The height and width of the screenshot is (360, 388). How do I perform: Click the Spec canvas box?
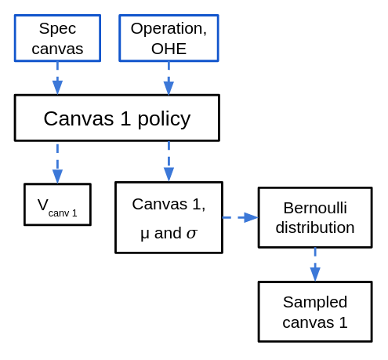[x=57, y=38]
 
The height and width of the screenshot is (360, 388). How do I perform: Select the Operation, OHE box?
[x=169, y=38]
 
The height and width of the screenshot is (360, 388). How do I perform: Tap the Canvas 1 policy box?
[x=117, y=118]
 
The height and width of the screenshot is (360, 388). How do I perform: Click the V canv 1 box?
[x=57, y=205]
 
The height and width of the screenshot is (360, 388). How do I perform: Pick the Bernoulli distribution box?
[x=315, y=217]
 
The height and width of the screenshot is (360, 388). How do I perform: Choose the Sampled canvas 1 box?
[x=315, y=311]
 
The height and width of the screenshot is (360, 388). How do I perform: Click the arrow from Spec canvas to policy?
[x=57, y=78]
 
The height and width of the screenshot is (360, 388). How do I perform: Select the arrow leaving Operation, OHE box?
[x=169, y=78]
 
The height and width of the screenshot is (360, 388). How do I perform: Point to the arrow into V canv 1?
[x=57, y=164]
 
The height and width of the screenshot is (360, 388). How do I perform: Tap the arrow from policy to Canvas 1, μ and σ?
[x=169, y=162]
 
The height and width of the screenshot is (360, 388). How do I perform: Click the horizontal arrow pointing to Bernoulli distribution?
[x=240, y=217]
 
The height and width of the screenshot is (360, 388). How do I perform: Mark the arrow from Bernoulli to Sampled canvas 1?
[x=315, y=264]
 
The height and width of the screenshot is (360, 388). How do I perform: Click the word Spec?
[x=57, y=28]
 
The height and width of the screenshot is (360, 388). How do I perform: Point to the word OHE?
[x=169, y=49]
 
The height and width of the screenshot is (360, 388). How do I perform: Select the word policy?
[x=164, y=119]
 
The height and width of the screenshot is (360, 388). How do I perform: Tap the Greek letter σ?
[x=191, y=234]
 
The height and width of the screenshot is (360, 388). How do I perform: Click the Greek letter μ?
[x=145, y=235]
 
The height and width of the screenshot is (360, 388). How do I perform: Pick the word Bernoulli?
[x=315, y=208]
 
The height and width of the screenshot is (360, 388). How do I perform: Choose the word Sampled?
[x=315, y=303]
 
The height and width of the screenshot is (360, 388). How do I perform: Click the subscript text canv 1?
[x=63, y=213]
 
